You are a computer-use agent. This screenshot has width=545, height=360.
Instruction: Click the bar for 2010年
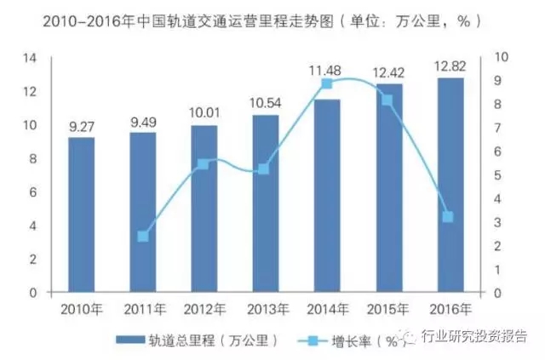click(x=81, y=214)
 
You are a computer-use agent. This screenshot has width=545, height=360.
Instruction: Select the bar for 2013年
click(x=265, y=203)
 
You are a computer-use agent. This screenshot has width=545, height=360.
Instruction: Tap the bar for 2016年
click(x=449, y=185)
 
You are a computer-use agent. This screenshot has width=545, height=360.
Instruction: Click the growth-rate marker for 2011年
click(x=142, y=236)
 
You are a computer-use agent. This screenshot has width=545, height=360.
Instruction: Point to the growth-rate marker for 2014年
click(x=326, y=83)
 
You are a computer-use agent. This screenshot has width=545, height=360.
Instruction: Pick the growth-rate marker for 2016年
click(x=449, y=217)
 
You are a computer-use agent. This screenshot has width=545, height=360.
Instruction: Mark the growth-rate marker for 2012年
click(x=204, y=163)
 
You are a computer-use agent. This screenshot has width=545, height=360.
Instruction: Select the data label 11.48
click(x=326, y=68)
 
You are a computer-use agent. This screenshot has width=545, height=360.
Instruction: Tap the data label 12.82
click(x=449, y=65)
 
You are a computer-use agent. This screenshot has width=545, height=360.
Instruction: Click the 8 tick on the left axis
click(x=35, y=158)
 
